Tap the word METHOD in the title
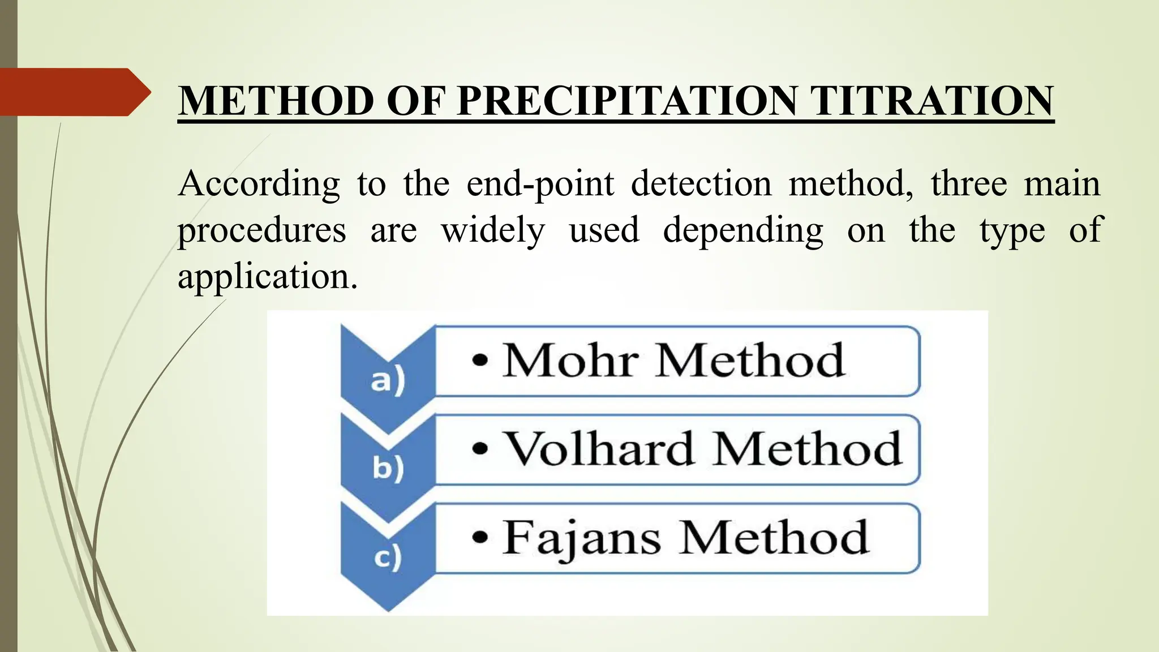coord(277,101)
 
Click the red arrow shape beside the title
coord(74,92)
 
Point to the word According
coord(259,185)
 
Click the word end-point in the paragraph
coord(540,185)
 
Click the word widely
coord(493,231)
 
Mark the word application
coord(267,277)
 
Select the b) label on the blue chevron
coord(388,467)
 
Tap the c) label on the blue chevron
coord(388,557)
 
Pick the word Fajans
coord(582,538)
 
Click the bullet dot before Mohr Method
coord(480,361)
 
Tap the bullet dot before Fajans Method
coord(480,538)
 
